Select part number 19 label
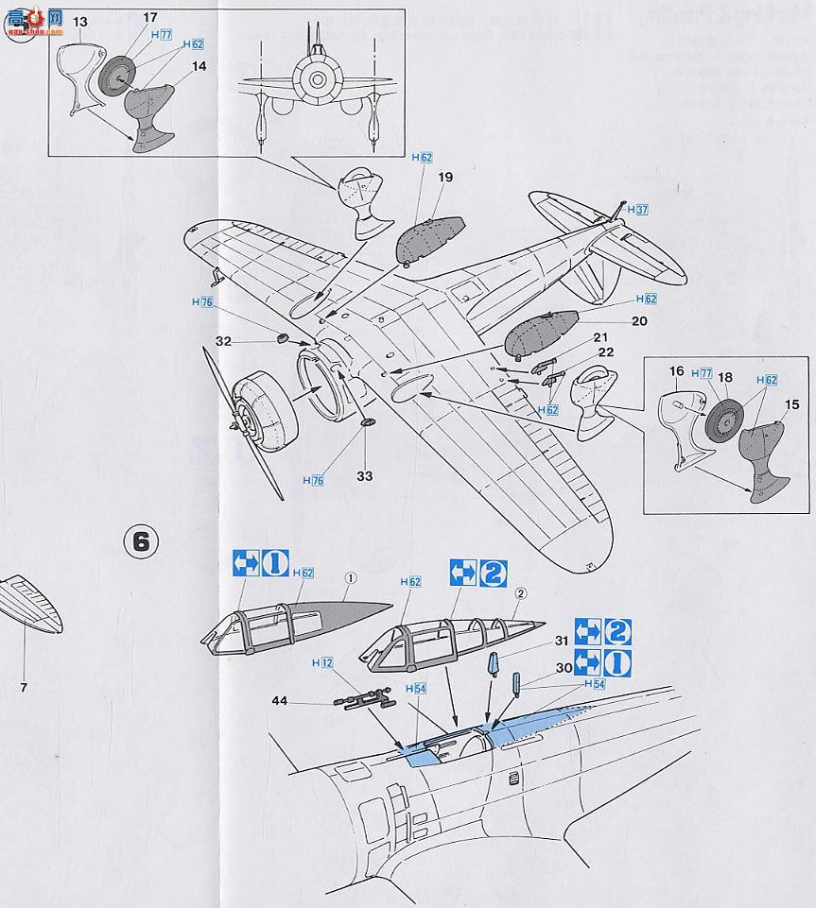(x=446, y=177)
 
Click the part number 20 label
(x=639, y=320)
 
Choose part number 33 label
(x=365, y=475)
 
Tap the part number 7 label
(x=24, y=687)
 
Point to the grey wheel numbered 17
(x=119, y=76)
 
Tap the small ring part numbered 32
(x=281, y=337)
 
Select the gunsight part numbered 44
(x=362, y=700)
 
